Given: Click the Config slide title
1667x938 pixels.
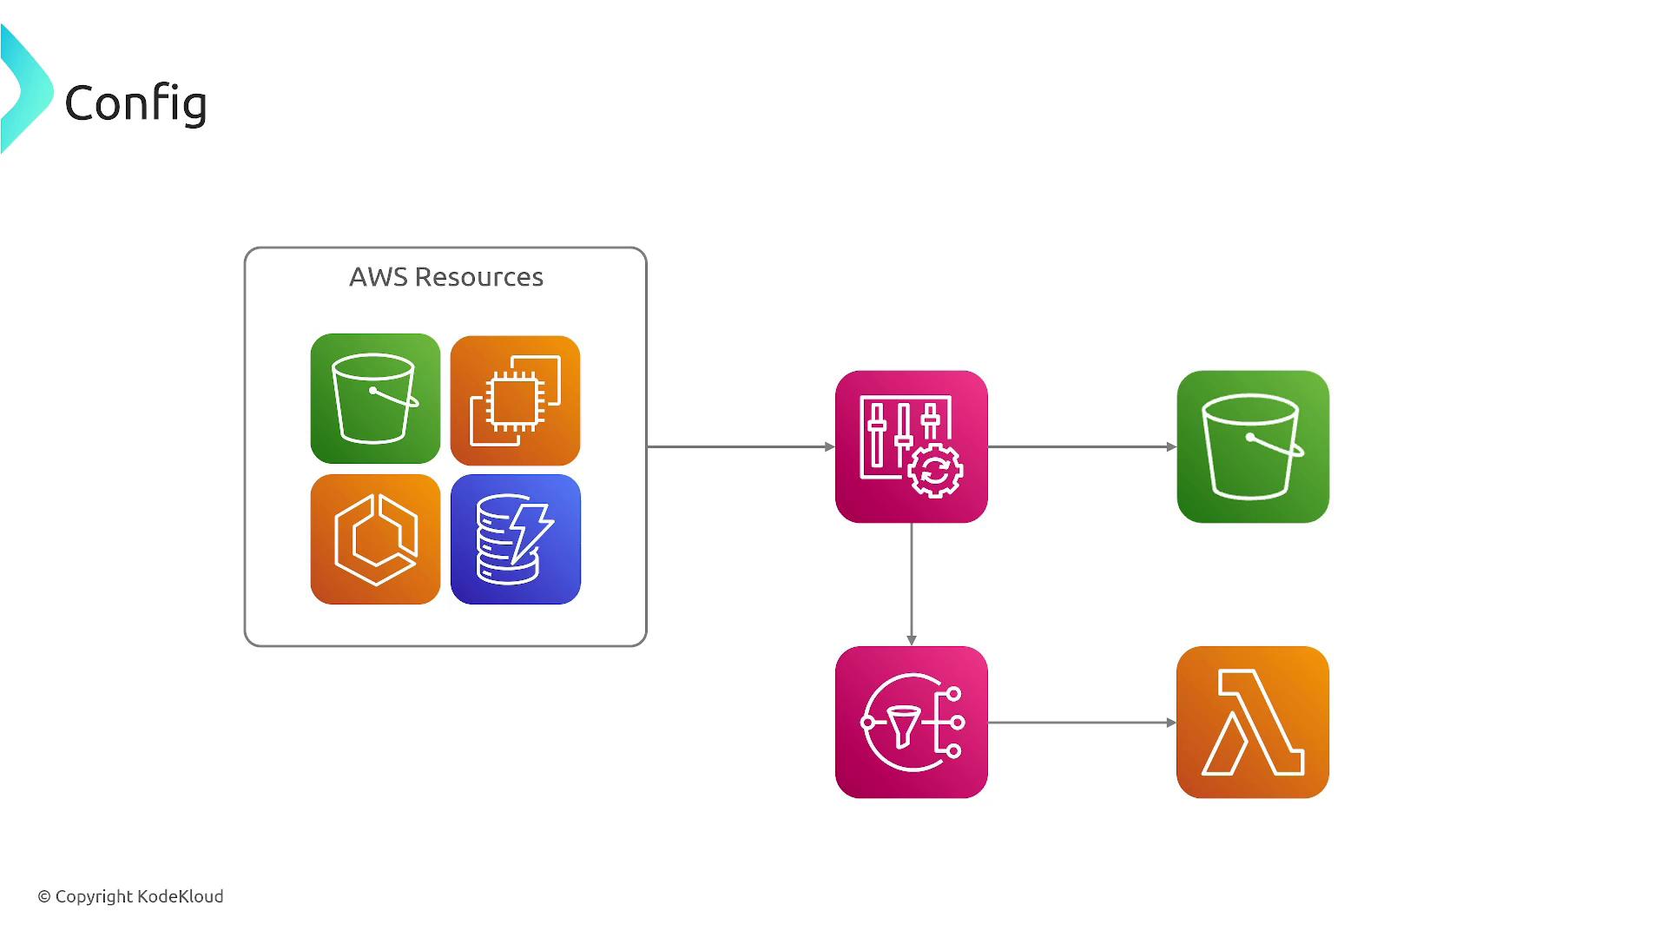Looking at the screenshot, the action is (135, 103).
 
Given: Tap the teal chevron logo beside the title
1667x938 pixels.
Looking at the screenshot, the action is (26, 89).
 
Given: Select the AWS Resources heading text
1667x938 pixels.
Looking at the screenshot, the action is (446, 277).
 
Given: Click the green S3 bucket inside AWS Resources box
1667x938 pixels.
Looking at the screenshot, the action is (375, 399).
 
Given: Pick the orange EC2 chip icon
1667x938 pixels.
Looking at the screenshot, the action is (516, 400).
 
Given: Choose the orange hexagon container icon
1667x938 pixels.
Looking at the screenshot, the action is (375, 539).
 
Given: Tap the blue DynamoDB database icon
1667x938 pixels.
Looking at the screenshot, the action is (516, 539).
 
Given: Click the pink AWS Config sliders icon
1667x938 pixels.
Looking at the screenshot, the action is (912, 446).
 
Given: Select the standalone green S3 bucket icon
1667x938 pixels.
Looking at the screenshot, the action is (1253, 446).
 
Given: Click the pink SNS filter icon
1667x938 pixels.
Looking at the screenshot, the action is (912, 722).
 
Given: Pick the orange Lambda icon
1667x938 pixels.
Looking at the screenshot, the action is (1253, 722).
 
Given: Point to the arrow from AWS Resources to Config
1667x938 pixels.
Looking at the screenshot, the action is (741, 446).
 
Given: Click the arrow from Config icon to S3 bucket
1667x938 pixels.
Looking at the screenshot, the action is (1082, 446).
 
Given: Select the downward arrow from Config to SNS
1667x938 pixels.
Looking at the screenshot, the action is (912, 585).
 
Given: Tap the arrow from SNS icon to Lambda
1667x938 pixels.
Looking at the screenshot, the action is (1082, 722).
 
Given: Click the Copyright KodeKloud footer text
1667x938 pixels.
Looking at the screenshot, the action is (130, 896).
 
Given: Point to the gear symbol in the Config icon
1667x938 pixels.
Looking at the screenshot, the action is (935, 472).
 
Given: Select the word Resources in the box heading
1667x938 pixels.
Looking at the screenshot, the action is (479, 277).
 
